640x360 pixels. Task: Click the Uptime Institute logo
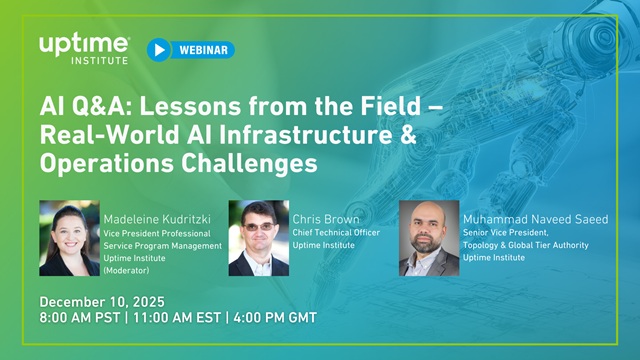(84, 48)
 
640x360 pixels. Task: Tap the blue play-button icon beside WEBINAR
(158, 49)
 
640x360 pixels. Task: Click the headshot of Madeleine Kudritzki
(69, 238)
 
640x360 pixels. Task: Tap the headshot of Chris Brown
(258, 238)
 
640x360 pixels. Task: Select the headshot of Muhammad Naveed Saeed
(429, 238)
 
